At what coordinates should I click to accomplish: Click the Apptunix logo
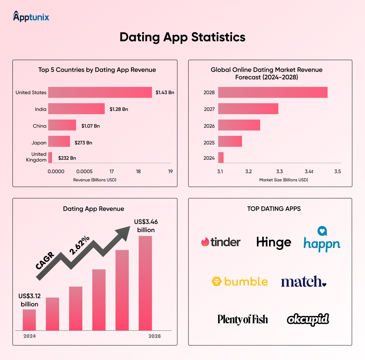(31, 16)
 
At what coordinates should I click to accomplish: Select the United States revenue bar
(100, 92)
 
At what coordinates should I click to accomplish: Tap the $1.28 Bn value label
(119, 109)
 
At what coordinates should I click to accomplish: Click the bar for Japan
(59, 142)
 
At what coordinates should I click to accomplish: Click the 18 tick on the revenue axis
(138, 171)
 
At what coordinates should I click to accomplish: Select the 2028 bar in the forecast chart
(273, 92)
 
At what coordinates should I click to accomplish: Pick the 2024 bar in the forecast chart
(221, 157)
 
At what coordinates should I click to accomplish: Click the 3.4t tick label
(309, 171)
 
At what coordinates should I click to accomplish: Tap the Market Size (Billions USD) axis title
(283, 180)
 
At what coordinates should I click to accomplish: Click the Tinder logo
(221, 242)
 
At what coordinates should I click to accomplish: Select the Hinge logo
(274, 242)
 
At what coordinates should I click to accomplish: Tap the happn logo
(322, 240)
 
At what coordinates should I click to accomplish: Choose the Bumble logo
(239, 282)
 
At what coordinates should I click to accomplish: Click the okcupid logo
(308, 319)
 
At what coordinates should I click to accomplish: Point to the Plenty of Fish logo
(242, 319)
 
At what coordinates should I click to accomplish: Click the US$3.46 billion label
(146, 225)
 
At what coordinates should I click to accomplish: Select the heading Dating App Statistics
(182, 37)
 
